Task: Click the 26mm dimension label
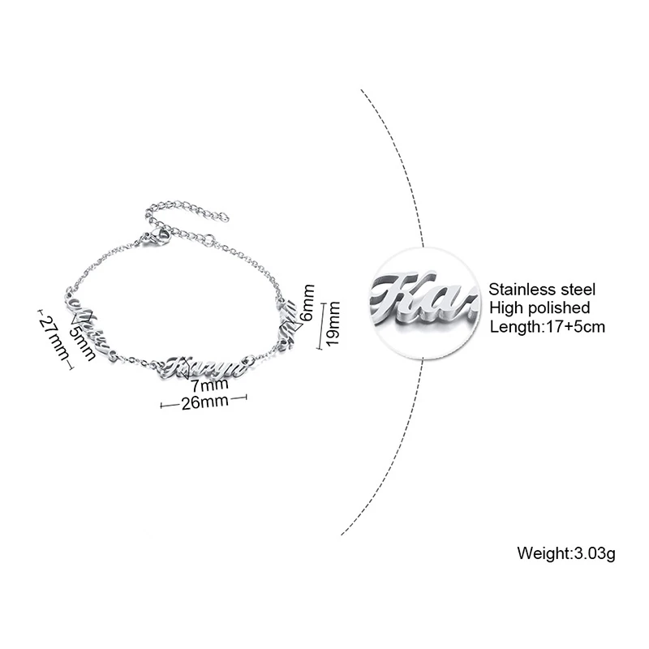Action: (198, 403)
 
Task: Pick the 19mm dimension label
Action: (332, 322)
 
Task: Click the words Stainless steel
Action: (542, 289)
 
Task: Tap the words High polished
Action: (539, 307)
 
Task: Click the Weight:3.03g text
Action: (567, 554)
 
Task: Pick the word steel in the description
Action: (579, 289)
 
